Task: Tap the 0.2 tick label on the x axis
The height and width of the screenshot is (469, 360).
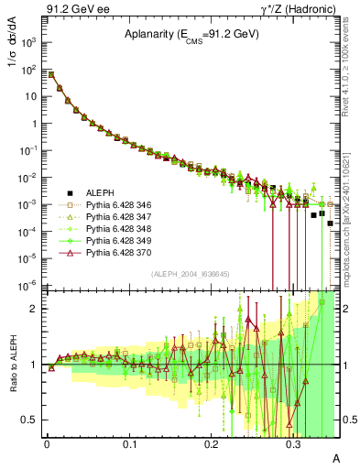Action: click(212, 443)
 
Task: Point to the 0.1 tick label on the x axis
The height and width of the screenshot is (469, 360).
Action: click(129, 443)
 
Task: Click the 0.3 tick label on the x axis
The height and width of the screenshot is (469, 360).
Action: click(294, 443)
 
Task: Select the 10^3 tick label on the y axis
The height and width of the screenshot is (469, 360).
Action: click(30, 42)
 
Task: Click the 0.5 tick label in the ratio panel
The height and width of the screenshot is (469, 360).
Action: click(30, 420)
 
